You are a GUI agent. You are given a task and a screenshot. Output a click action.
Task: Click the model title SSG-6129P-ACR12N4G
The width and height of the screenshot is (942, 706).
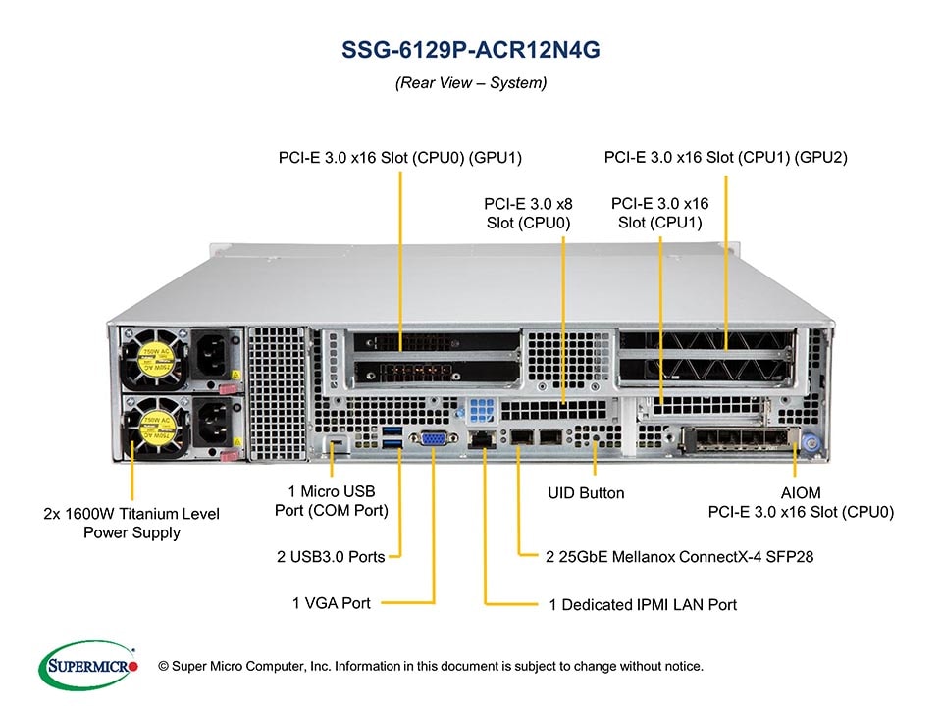pyautogui.click(x=470, y=51)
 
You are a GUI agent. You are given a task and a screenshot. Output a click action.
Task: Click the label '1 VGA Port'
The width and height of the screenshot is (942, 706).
pyautogui.click(x=332, y=603)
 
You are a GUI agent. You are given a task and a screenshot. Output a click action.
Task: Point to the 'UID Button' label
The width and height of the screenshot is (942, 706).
pyautogui.click(x=586, y=493)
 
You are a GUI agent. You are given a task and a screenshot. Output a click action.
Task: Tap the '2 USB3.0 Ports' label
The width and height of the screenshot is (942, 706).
pyautogui.click(x=330, y=557)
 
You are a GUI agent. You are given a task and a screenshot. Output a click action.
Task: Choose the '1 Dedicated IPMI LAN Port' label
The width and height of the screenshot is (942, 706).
pyautogui.click(x=643, y=605)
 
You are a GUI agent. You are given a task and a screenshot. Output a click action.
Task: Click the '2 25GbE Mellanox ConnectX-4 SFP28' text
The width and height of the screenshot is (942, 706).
pyautogui.click(x=679, y=557)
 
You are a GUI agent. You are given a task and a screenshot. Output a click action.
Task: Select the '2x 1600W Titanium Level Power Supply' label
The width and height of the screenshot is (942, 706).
pyautogui.click(x=131, y=523)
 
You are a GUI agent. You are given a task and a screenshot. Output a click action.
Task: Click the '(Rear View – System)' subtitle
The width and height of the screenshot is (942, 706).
pyautogui.click(x=470, y=83)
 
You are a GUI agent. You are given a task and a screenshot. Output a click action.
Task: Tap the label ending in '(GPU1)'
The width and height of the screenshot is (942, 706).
pyautogui.click(x=400, y=157)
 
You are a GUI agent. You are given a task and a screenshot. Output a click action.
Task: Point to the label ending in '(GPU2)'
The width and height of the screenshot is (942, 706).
pyautogui.click(x=726, y=157)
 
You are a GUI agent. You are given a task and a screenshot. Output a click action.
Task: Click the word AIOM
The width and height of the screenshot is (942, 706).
pyautogui.click(x=801, y=492)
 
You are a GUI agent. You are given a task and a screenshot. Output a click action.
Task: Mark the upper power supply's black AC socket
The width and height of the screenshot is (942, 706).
pyautogui.click(x=215, y=356)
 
